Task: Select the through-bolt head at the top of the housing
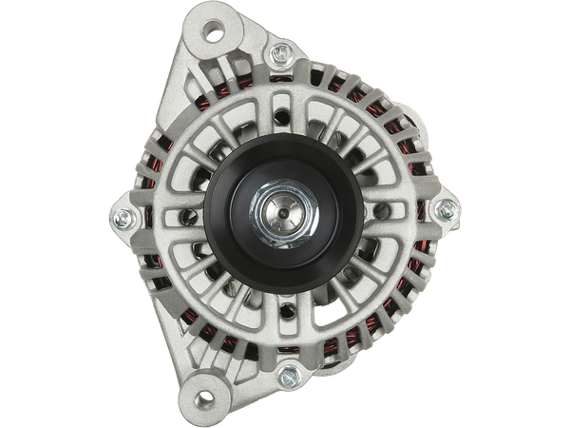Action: click(x=281, y=55)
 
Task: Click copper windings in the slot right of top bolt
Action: click(x=319, y=72)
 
